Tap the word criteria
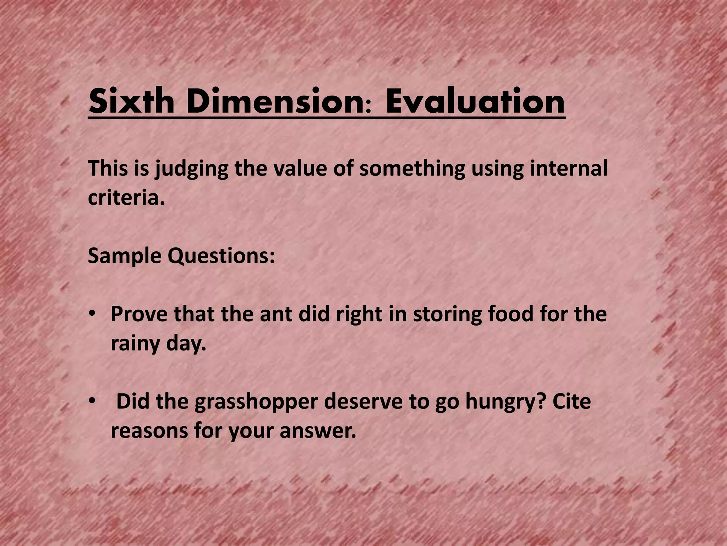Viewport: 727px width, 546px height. [126, 198]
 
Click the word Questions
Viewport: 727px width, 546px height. [221, 256]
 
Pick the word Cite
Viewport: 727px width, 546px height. [572, 401]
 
